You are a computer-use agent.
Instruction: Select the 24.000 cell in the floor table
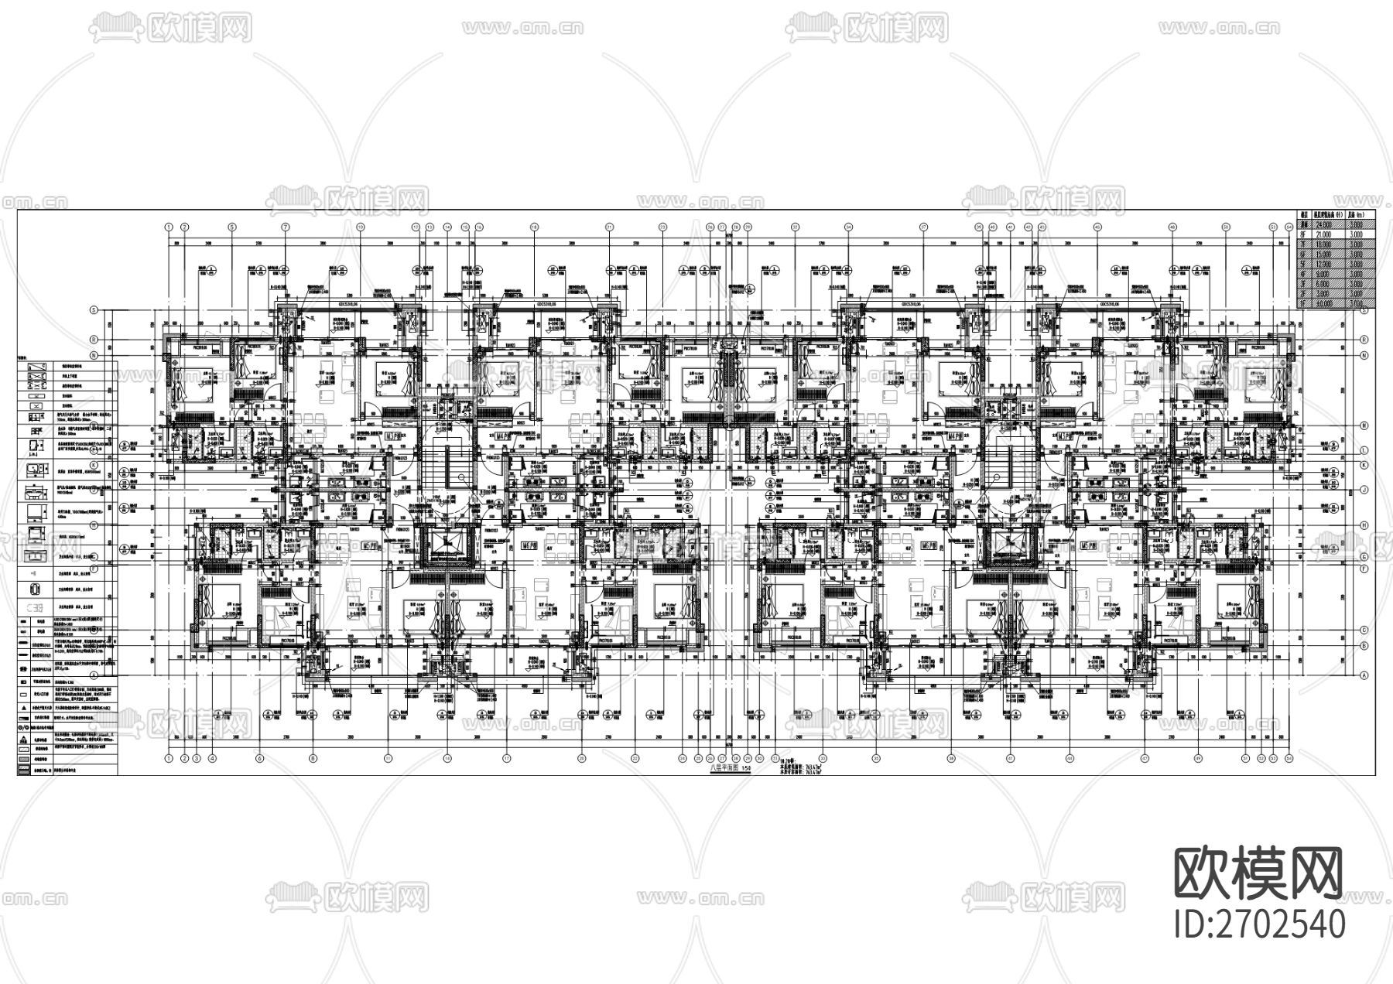(1324, 224)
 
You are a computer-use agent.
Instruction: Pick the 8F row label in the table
(1303, 234)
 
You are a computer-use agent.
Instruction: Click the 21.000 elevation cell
(1323, 234)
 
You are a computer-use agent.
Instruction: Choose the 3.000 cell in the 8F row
(1357, 234)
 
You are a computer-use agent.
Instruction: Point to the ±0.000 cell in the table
(1324, 303)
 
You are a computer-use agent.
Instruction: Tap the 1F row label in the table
(1303, 303)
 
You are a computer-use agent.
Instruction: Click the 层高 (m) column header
(1357, 215)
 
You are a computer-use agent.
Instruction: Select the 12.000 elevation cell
(1324, 264)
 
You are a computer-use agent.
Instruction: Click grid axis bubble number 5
(232, 227)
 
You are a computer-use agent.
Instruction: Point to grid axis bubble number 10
(360, 227)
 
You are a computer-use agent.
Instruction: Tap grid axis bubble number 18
(534, 227)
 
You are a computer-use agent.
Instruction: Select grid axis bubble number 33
(795, 227)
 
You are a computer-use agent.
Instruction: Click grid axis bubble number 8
(313, 758)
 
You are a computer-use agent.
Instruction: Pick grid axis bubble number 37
(924, 227)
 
